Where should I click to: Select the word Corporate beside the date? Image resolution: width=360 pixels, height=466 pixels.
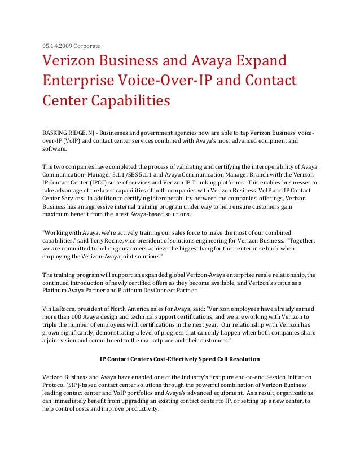tap(86, 45)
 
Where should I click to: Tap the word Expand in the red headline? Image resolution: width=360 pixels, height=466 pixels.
tap(257, 61)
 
